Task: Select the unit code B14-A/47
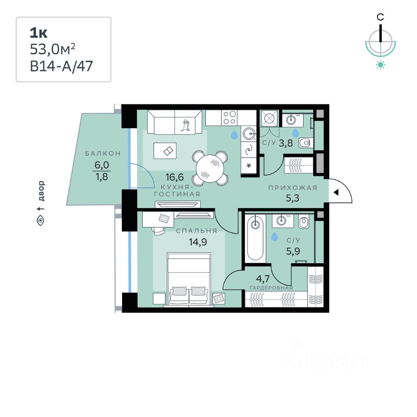point(61,66)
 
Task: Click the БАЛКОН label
point(103,154)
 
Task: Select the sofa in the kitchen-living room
point(174,122)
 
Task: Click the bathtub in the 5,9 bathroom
point(255,239)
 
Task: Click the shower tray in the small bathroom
point(269,118)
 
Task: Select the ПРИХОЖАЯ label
point(293,188)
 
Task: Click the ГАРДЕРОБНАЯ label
point(271,288)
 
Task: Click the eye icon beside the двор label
point(41,221)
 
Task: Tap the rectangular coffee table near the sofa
point(165,150)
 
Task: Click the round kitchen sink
point(249,133)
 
